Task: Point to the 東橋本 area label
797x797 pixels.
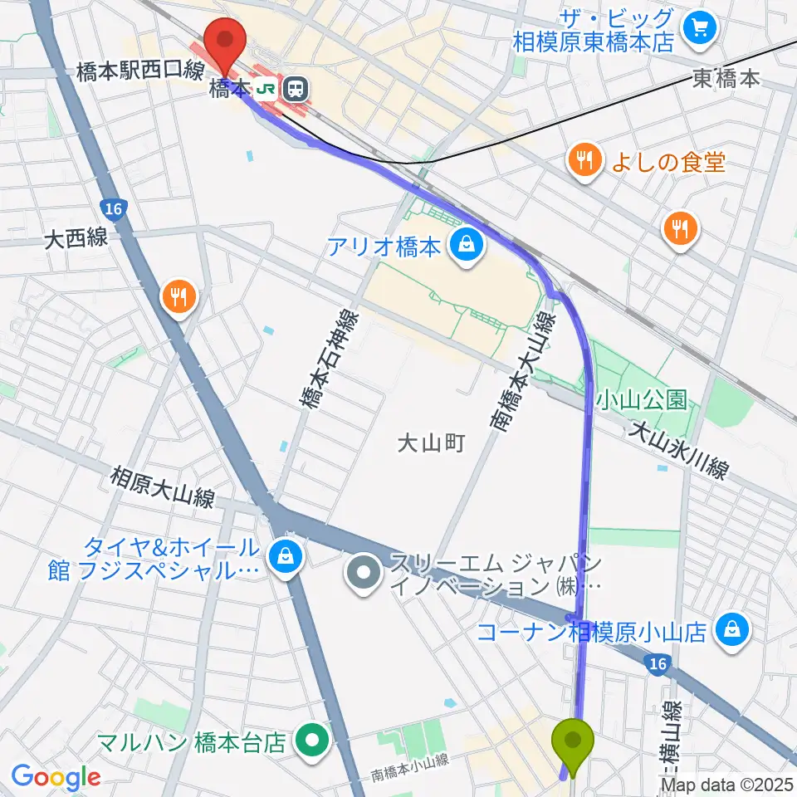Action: (x=726, y=80)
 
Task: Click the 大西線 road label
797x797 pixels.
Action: (x=76, y=240)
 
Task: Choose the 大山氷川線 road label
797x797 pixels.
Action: (x=678, y=450)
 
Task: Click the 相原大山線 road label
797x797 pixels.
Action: (x=163, y=488)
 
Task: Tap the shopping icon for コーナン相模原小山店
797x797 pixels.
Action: (x=732, y=632)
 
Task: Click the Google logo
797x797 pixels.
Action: (x=56, y=776)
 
